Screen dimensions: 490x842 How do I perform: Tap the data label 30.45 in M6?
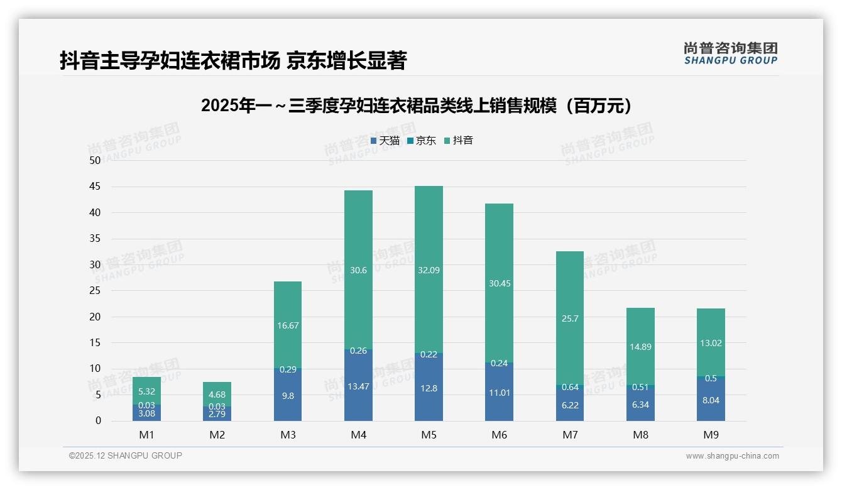click(499, 283)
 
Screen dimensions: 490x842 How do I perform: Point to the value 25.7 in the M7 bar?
click(570, 318)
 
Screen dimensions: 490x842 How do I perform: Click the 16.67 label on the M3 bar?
click(288, 325)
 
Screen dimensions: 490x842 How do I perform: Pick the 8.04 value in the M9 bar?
click(711, 400)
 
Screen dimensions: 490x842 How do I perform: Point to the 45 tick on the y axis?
click(95, 187)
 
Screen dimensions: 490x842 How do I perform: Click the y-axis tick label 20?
click(95, 317)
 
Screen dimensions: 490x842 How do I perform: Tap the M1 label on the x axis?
click(146, 435)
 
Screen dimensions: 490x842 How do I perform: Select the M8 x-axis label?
click(640, 435)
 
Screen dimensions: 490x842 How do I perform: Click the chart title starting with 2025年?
click(416, 106)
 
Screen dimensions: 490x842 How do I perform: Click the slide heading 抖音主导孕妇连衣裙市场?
click(233, 60)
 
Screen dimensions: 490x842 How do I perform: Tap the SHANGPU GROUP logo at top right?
click(730, 53)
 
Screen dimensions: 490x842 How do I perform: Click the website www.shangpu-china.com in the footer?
click(732, 456)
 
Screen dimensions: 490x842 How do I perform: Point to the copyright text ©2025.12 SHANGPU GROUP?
click(126, 455)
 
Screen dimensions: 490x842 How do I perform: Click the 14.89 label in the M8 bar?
click(640, 347)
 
